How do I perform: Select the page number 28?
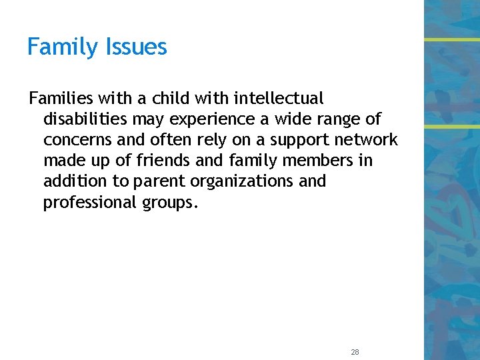[x=354, y=351]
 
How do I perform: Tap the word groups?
[x=169, y=202]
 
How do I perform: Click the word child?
[x=172, y=99]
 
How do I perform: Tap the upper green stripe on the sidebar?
[x=452, y=39]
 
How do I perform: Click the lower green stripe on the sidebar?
[x=452, y=126]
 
